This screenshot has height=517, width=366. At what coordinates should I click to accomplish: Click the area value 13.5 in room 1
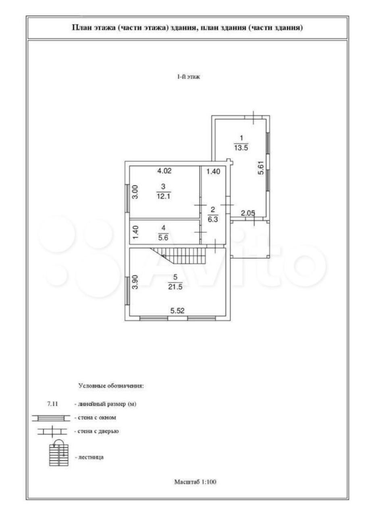(240, 147)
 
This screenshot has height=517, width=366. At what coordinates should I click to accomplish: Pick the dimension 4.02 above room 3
(164, 171)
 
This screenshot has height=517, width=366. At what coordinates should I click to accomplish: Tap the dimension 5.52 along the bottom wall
(178, 311)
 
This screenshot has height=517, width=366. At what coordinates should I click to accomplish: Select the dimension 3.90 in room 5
(136, 282)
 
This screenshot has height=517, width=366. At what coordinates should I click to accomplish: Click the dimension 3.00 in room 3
(136, 192)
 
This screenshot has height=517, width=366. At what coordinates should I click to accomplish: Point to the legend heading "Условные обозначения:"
(111, 386)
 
